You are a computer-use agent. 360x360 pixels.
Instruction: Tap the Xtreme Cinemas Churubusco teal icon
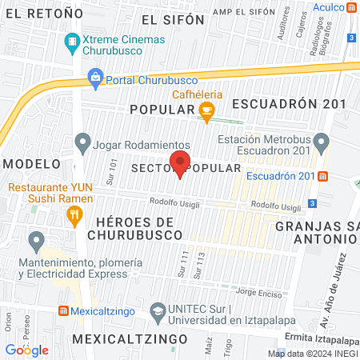pyautogui.click(x=73, y=40)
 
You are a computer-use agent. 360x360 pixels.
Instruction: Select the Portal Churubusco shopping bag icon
pyautogui.click(x=96, y=78)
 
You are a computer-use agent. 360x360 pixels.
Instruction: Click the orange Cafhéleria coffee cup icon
pyautogui.click(x=207, y=113)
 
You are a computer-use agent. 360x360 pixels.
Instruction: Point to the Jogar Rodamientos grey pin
pyautogui.click(x=82, y=144)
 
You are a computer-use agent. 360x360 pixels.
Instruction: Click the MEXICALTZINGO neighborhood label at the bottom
pyautogui.click(x=122, y=339)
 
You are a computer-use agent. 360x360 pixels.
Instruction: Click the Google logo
pyautogui.click(x=26, y=350)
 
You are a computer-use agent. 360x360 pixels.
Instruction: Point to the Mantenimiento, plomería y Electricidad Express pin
pyautogui.click(x=36, y=240)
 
